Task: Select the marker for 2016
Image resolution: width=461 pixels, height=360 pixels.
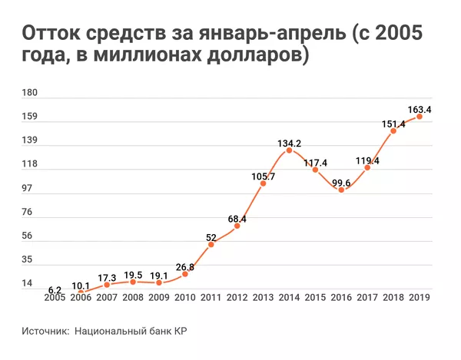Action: click(x=341, y=189)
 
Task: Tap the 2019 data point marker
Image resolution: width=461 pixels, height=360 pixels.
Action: click(x=420, y=117)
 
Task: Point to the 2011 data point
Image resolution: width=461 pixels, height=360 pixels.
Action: click(x=211, y=244)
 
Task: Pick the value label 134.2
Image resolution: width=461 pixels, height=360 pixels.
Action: click(x=290, y=143)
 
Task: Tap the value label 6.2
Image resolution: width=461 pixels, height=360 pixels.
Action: click(x=55, y=289)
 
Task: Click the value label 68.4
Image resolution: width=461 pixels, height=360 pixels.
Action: click(x=237, y=219)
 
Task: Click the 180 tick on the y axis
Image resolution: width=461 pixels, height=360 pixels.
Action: click(x=30, y=93)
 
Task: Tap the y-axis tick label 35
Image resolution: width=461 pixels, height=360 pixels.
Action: click(x=27, y=260)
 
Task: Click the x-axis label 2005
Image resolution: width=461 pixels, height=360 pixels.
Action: click(x=55, y=299)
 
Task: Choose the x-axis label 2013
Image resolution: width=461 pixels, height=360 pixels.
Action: click(x=263, y=299)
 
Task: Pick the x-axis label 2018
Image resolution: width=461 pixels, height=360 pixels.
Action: click(x=393, y=299)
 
